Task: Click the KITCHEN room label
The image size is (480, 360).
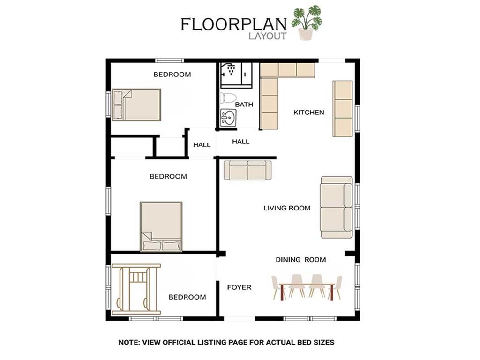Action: tap(308, 112)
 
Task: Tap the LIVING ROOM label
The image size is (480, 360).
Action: tap(287, 208)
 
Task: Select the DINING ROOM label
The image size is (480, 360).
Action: tap(300, 260)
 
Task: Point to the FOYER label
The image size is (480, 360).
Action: tap(239, 287)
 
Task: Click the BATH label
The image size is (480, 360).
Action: tap(244, 105)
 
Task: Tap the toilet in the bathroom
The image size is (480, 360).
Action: tap(228, 97)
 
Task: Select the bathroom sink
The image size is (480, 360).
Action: tap(228, 118)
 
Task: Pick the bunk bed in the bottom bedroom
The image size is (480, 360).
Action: tap(136, 289)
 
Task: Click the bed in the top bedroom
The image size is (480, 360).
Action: tap(136, 105)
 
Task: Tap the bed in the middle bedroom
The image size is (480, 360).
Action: tap(161, 226)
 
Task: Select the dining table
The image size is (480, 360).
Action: tap(307, 288)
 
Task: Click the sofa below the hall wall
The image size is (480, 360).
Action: tap(247, 170)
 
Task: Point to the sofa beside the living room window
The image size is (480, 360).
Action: tap(337, 207)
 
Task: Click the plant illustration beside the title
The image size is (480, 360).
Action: tap(307, 22)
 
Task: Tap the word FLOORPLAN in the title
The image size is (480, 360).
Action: tap(233, 24)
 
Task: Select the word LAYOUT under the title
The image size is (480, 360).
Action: tap(268, 36)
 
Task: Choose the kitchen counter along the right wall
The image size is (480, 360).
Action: tap(343, 108)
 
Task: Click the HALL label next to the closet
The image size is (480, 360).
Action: tap(202, 145)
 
